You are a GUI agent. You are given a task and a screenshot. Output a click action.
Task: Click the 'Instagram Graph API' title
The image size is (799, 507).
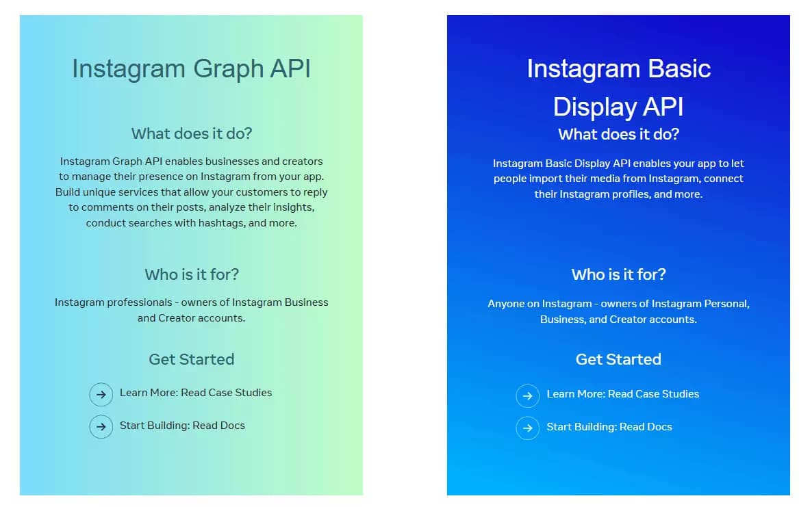(x=191, y=68)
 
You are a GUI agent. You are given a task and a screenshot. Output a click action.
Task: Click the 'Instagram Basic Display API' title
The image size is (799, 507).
(x=618, y=88)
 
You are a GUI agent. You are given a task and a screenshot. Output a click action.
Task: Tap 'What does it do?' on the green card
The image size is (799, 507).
(x=192, y=133)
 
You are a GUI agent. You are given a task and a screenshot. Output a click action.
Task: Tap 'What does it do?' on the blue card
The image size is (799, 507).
(x=618, y=134)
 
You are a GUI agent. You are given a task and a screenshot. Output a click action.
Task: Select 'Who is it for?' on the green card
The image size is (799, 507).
(x=192, y=274)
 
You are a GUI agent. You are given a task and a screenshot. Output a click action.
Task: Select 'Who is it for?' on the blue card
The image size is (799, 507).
(x=618, y=274)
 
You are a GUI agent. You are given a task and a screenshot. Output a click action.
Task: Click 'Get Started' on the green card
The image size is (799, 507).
(x=192, y=359)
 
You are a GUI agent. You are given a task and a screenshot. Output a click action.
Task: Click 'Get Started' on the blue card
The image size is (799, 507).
(x=618, y=359)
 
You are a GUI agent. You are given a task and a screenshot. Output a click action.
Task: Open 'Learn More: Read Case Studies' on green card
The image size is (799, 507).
(x=196, y=393)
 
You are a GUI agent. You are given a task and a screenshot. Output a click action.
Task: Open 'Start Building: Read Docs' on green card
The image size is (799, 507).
(x=182, y=426)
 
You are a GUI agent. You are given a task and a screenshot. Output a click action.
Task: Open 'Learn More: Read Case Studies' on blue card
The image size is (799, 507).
(x=622, y=394)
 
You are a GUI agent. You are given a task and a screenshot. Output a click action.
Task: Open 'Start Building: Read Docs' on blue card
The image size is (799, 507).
(x=609, y=427)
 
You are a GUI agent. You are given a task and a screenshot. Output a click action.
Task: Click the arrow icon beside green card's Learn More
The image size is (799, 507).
(x=101, y=394)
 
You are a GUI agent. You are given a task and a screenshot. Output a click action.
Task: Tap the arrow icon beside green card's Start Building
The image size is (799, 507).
(x=101, y=427)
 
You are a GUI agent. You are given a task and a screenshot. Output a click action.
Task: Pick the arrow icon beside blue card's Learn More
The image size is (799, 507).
(x=527, y=395)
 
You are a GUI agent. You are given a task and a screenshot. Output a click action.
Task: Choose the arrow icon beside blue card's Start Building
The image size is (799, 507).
(x=527, y=428)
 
